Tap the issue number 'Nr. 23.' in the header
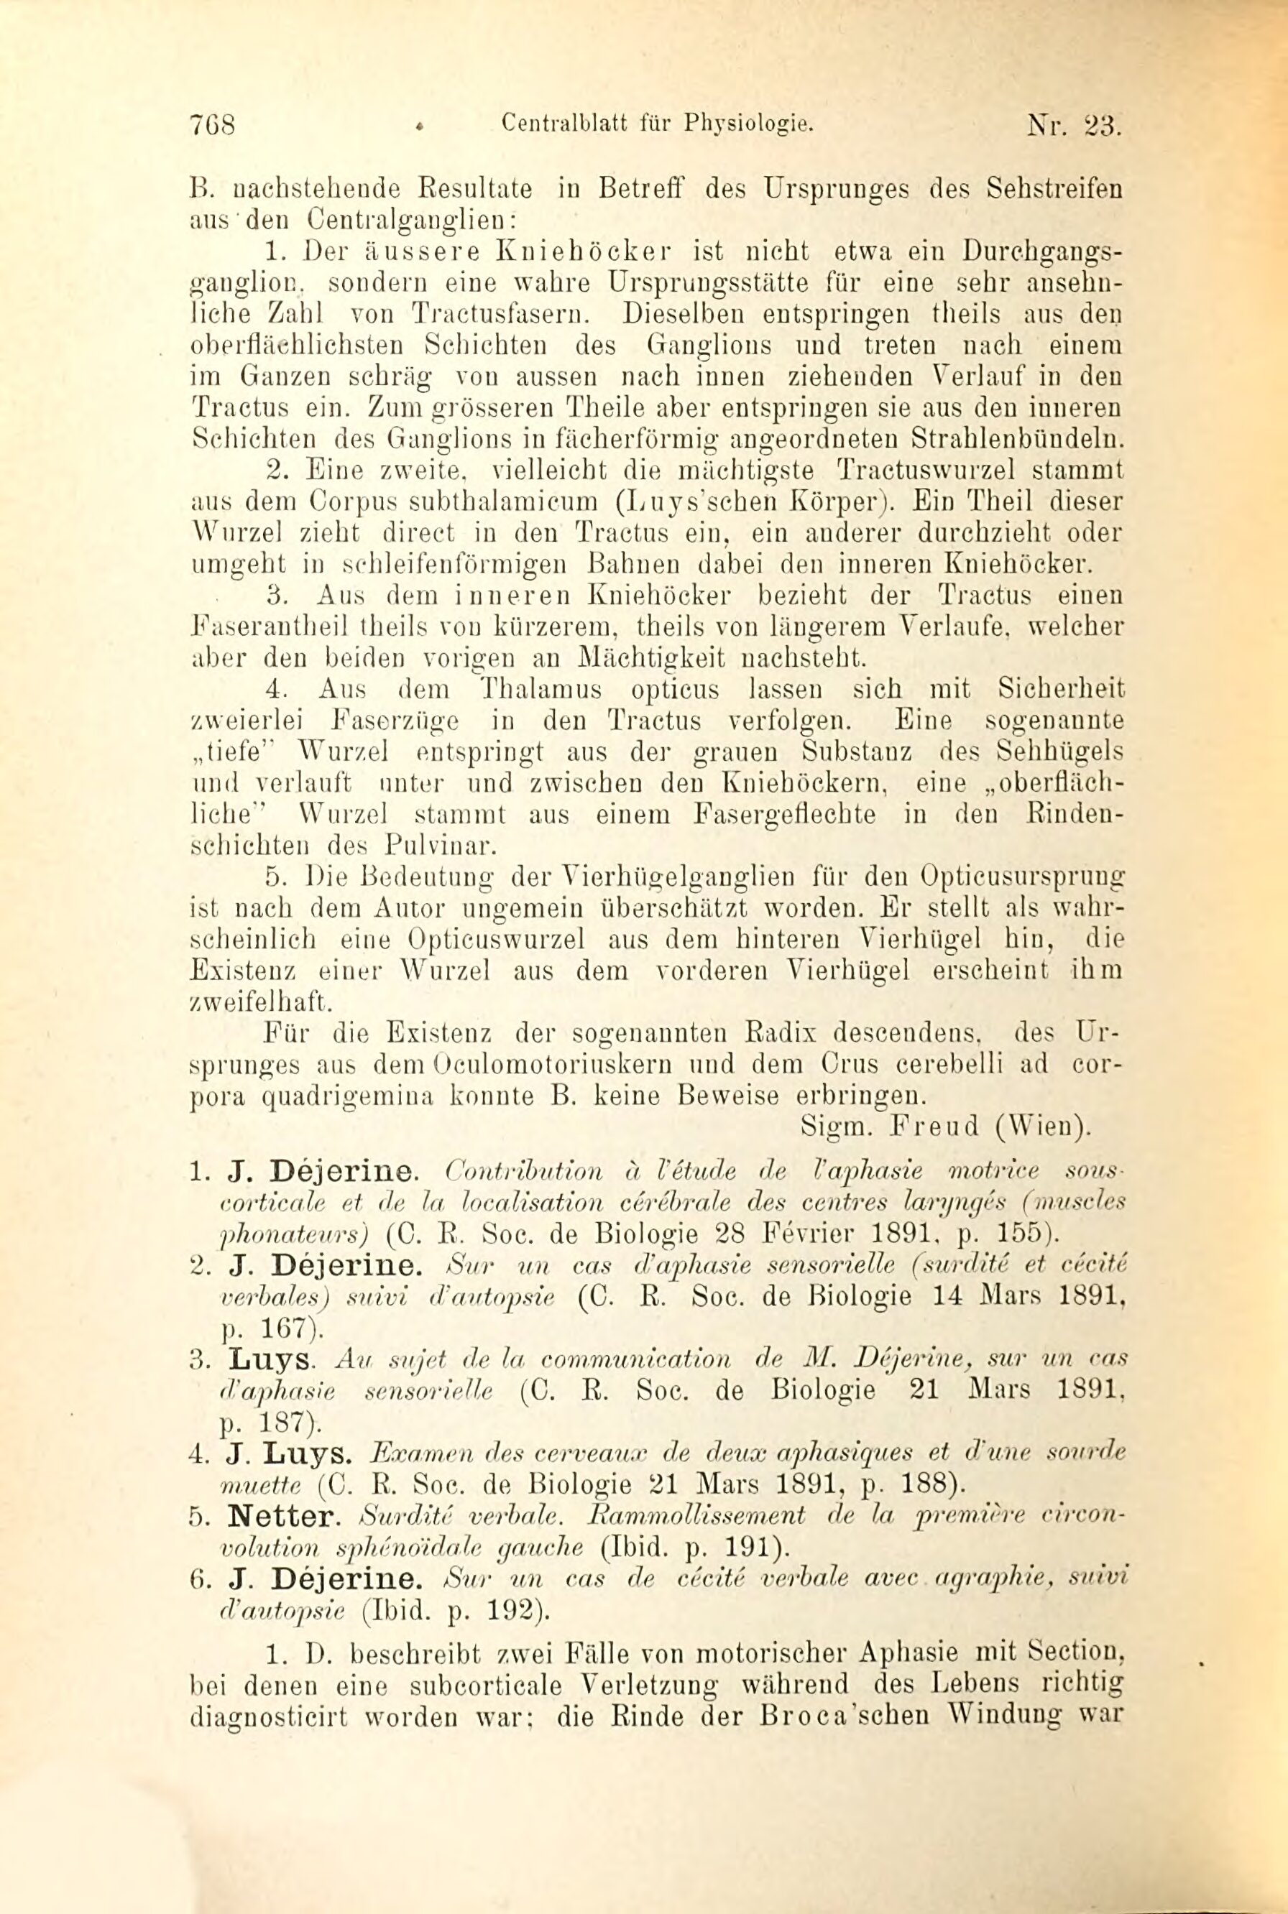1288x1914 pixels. pos(1073,128)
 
